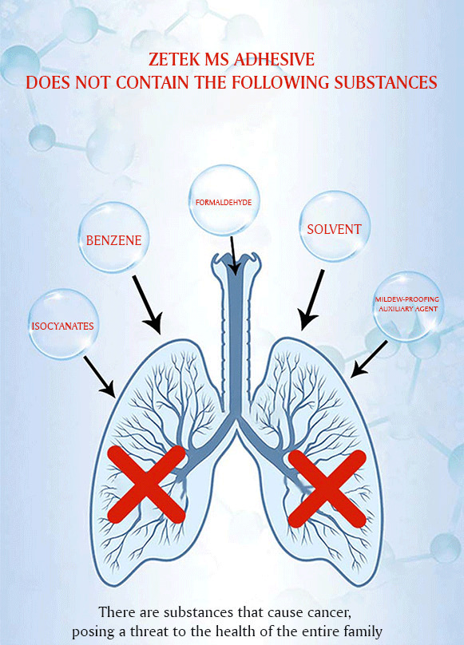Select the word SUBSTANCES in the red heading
[x=386, y=83]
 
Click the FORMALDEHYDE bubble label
[x=224, y=203]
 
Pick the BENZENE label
[x=113, y=240]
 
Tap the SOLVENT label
[x=335, y=229]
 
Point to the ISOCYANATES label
[x=62, y=326]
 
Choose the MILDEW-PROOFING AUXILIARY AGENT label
[x=407, y=304]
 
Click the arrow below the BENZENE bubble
[x=147, y=304]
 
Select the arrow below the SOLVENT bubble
[x=311, y=300]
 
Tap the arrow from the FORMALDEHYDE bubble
[x=233, y=255]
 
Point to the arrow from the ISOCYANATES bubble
[x=100, y=378]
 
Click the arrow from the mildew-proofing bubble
[x=368, y=358]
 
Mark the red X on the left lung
[x=146, y=485]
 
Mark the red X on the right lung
[x=327, y=489]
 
